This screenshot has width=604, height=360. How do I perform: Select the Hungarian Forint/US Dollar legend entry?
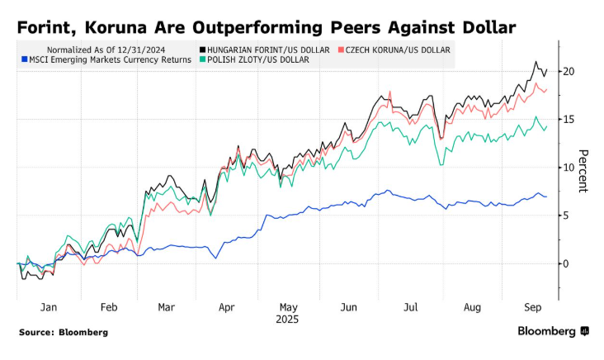click(263, 50)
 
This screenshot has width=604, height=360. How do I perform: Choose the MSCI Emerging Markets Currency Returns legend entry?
click(104, 59)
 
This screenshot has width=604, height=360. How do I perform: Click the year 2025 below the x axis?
click(286, 318)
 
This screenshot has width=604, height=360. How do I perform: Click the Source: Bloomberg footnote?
click(64, 332)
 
